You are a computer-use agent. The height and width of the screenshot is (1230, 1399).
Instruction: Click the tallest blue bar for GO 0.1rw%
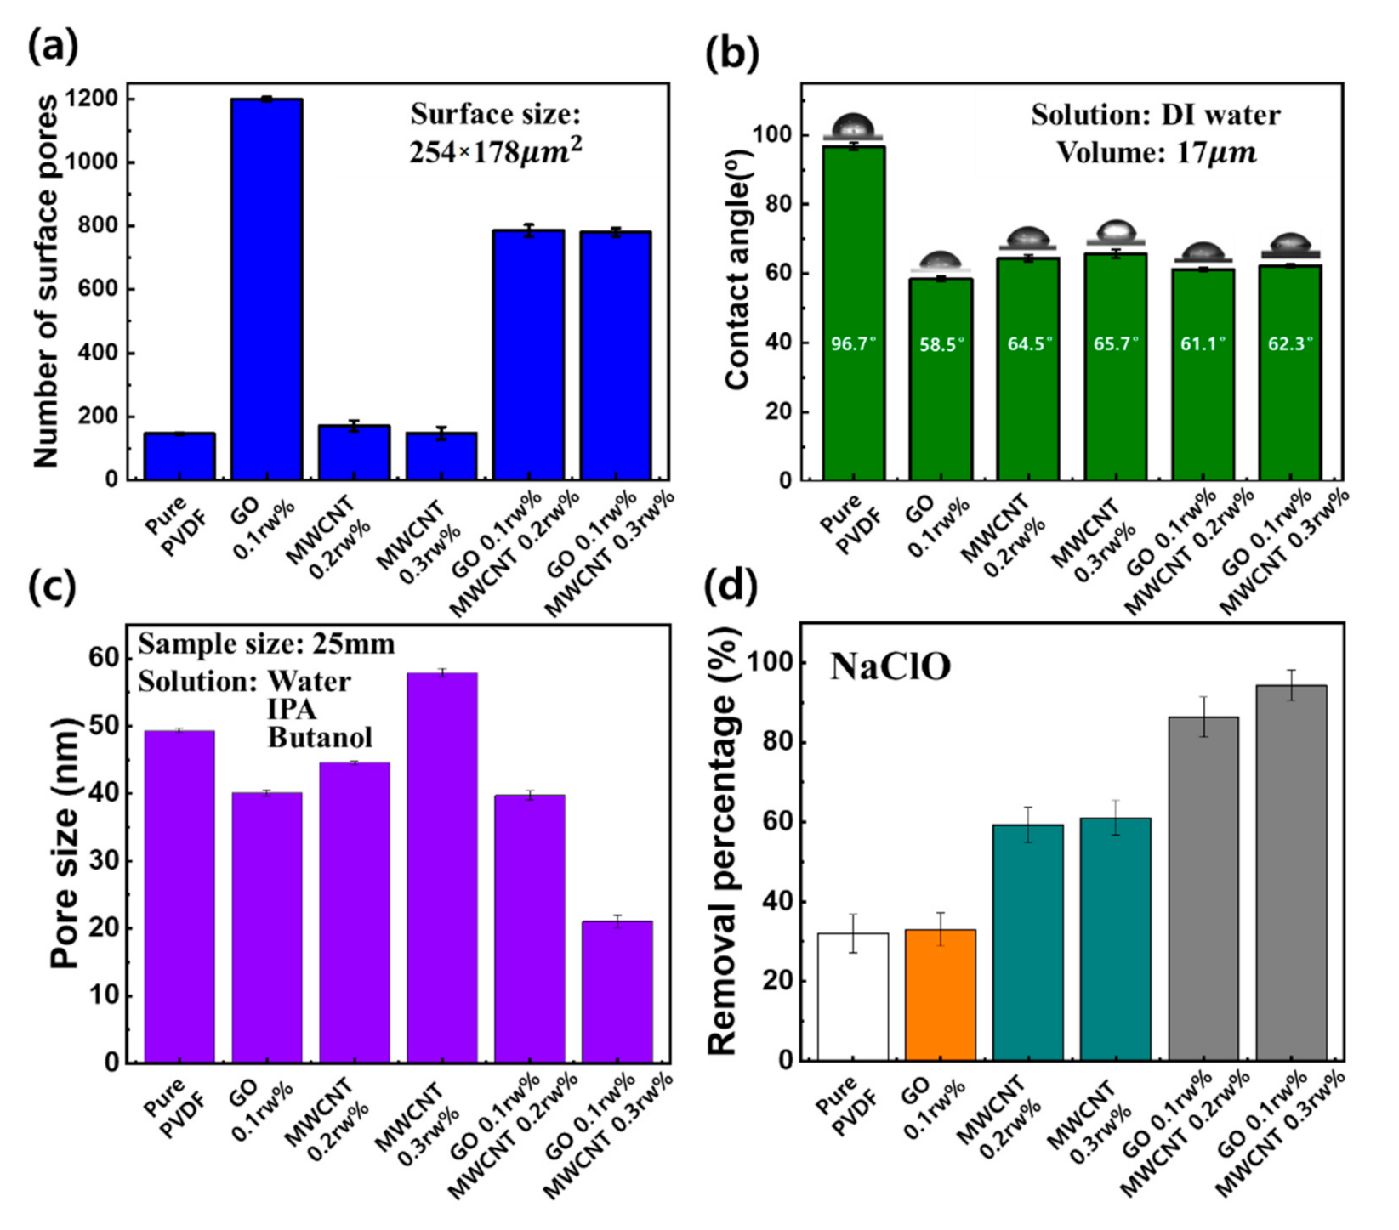[266, 289]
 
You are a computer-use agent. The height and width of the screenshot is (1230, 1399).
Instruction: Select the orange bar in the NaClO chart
[941, 995]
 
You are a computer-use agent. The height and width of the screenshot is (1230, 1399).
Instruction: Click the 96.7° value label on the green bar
[853, 344]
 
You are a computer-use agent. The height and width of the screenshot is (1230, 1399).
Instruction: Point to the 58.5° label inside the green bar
[941, 345]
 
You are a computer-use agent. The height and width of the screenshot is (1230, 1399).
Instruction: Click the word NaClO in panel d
[890, 667]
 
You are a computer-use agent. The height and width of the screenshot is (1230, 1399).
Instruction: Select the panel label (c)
[54, 587]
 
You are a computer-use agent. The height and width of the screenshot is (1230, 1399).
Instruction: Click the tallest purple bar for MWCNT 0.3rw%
[441, 867]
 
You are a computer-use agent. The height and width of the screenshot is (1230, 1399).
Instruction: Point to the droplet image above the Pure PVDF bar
[853, 127]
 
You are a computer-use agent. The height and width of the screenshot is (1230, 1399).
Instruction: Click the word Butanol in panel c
[320, 737]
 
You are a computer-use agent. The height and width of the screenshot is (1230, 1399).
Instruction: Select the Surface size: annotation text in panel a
[496, 115]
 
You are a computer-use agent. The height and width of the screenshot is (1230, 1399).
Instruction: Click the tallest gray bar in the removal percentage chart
[1290, 872]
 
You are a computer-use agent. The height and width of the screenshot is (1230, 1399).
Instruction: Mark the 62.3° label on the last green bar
[1290, 344]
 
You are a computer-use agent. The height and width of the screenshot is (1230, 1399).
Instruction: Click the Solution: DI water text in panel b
[1155, 115]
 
